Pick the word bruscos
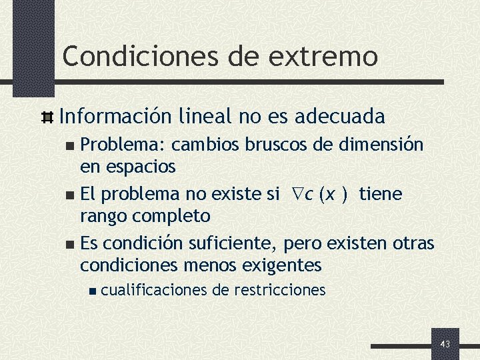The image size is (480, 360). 267,145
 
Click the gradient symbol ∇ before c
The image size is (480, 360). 297,194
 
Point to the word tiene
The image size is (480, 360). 380,194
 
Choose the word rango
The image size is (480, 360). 107,215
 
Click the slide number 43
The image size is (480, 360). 445,344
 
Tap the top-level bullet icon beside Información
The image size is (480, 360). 47,118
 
